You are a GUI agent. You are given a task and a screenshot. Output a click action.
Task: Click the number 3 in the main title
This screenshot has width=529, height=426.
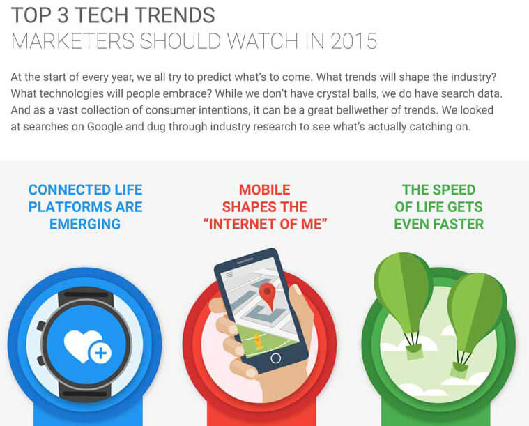(63, 15)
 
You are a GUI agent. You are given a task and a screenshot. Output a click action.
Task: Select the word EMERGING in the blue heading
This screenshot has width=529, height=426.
(85, 224)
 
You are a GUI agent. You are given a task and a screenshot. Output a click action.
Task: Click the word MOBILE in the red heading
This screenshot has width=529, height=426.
(265, 190)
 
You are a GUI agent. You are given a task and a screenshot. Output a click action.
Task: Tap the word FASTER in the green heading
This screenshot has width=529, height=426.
(460, 224)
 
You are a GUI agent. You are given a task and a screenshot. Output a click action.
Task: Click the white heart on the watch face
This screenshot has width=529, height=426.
(81, 344)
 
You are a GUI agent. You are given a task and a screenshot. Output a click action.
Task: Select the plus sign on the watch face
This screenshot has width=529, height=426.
(100, 353)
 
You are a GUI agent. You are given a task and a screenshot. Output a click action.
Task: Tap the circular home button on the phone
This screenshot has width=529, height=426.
(275, 358)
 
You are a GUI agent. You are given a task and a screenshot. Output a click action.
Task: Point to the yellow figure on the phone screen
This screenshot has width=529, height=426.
(259, 341)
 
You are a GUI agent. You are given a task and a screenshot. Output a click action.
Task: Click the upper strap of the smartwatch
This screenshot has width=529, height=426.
(86, 296)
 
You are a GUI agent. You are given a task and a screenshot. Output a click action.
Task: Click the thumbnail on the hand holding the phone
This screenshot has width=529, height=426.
(297, 289)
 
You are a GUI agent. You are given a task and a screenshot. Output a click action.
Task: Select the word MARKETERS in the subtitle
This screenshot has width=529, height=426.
(73, 41)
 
